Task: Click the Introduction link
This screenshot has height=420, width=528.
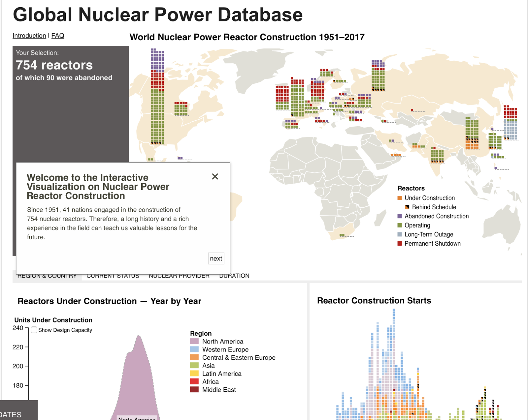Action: (x=29, y=36)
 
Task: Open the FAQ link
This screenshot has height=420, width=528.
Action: (x=58, y=36)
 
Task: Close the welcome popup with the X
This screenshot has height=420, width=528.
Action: (x=215, y=177)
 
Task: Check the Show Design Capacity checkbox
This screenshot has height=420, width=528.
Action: (x=34, y=330)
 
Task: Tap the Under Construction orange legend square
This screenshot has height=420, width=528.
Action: (x=400, y=198)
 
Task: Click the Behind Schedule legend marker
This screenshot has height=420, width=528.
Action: (x=407, y=207)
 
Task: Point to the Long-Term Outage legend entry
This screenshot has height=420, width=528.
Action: (x=429, y=234)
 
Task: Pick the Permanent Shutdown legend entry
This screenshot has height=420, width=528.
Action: (x=432, y=244)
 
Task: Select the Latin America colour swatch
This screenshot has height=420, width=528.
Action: (x=194, y=374)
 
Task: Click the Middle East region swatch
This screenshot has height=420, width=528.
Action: (x=194, y=390)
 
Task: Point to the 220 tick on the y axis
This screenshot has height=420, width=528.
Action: (x=18, y=347)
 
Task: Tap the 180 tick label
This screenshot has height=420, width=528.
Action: (x=18, y=385)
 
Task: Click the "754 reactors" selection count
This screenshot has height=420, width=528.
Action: (x=54, y=65)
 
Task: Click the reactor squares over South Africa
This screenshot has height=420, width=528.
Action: (x=342, y=235)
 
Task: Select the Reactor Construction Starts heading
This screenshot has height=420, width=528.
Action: (x=374, y=301)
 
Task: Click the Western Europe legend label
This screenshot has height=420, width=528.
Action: (x=225, y=349)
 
